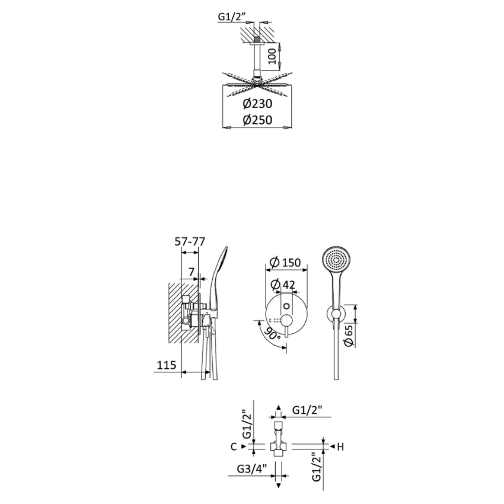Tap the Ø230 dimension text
pos(257,104)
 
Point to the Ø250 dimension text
pos(257,120)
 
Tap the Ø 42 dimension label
pos(283,285)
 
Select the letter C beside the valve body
pos(234,446)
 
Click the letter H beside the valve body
pos(340,446)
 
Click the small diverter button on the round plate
pos(288,305)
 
